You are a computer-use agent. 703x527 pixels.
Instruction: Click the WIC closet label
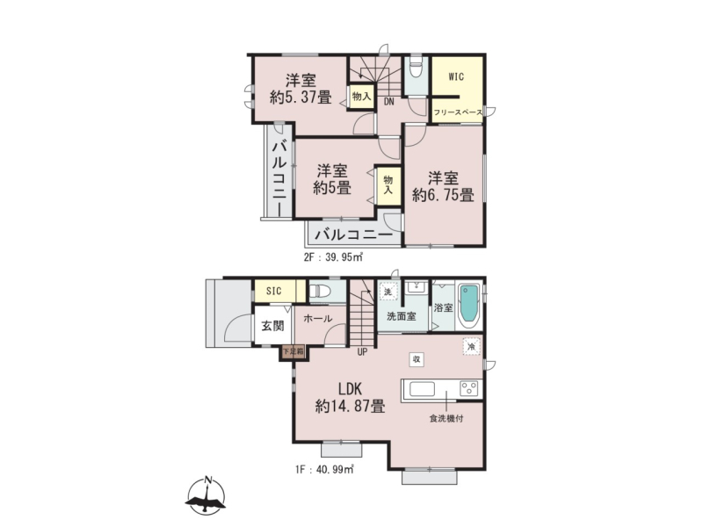coord(456,76)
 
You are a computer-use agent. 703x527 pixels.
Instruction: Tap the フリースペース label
coord(458,112)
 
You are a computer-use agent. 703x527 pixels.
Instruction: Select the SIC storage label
coord(274,292)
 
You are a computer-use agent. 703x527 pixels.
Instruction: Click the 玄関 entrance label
coord(272,326)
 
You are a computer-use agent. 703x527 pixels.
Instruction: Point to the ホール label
coord(318,319)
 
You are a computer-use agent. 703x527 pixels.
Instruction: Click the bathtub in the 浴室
coord(469,304)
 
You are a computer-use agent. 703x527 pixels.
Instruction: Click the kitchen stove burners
coord(469,388)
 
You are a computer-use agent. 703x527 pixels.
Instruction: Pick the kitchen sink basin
coord(422,389)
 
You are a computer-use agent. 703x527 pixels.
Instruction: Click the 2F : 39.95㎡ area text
coord(333,257)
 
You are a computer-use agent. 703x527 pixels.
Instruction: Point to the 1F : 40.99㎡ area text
coord(324,470)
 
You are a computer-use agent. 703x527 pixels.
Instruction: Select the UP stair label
coord(362,352)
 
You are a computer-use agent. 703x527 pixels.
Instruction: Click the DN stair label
coord(388,102)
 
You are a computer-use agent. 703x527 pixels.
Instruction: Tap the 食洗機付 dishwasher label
coord(446,419)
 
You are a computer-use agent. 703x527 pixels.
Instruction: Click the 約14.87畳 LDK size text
coord(350,407)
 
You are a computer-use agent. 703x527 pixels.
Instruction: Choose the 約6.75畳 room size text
coord(443,195)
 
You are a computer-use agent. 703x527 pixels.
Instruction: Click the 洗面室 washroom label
coord(402,316)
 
